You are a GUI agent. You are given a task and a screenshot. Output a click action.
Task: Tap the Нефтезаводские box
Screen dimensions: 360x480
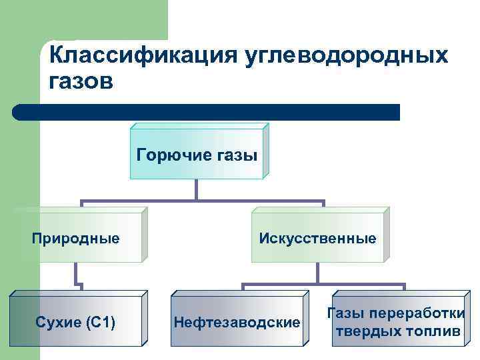tap(237, 323)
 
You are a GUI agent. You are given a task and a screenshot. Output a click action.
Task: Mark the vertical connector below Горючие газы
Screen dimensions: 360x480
tap(197, 190)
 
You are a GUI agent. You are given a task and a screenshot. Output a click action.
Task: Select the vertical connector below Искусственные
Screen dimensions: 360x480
tap(317, 273)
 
